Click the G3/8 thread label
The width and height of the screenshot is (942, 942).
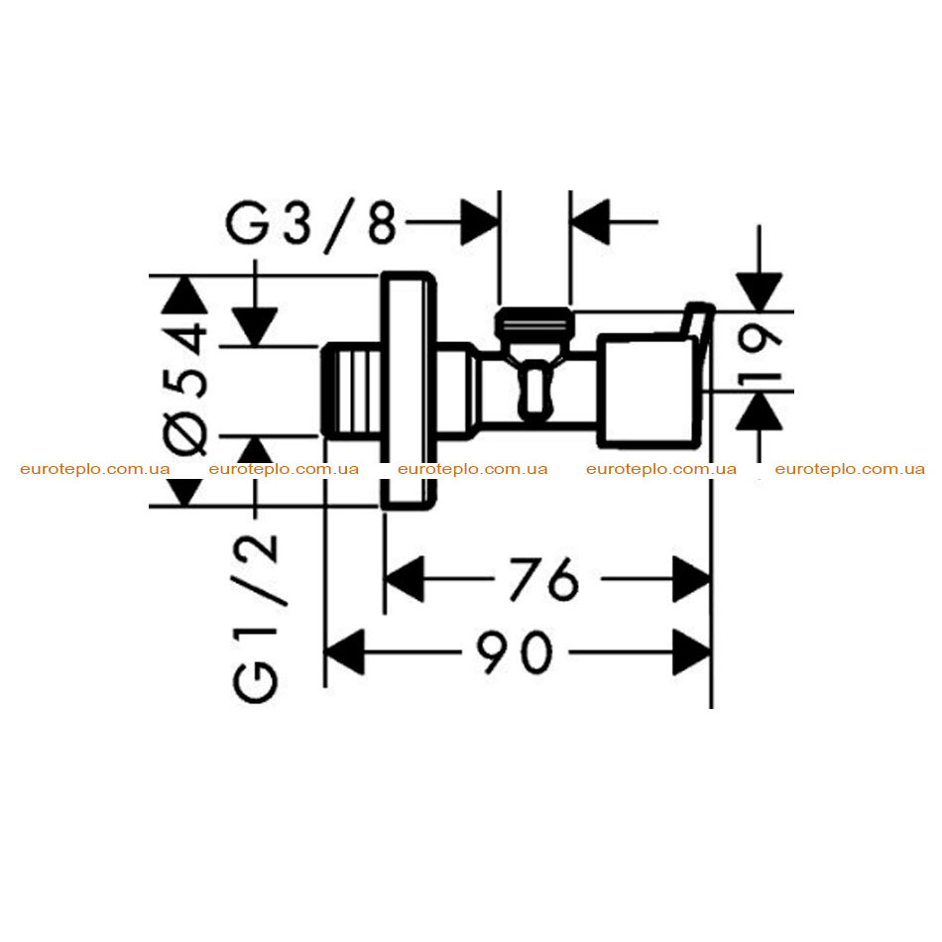[x=311, y=225]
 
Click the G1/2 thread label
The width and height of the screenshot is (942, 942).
[x=256, y=618]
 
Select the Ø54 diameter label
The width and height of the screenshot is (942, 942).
[x=185, y=389]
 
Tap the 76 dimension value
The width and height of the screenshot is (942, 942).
[x=544, y=579]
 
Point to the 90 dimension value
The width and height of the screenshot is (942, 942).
[x=515, y=652]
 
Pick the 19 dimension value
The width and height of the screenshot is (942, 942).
[x=759, y=353]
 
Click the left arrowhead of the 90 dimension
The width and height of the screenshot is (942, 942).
[x=344, y=652]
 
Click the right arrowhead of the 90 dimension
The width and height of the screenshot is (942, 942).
[x=692, y=652]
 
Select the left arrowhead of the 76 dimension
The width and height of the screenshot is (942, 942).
[x=405, y=579]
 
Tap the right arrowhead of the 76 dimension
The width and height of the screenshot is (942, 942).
[x=692, y=579]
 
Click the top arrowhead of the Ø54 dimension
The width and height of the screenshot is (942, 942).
[x=185, y=294]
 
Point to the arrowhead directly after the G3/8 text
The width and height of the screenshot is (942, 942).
[x=479, y=222]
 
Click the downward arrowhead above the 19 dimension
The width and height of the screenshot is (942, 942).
[x=760, y=292]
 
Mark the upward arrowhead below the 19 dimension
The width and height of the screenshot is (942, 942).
[x=760, y=411]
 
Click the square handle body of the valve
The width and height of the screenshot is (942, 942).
[x=648, y=391]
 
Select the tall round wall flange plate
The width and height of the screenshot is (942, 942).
[x=409, y=391]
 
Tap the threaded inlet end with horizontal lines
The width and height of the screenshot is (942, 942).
[x=351, y=390]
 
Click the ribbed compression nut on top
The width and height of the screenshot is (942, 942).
[x=534, y=323]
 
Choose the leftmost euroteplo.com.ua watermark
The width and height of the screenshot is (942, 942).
[x=95, y=469]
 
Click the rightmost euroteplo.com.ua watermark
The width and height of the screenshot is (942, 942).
[x=850, y=469]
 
